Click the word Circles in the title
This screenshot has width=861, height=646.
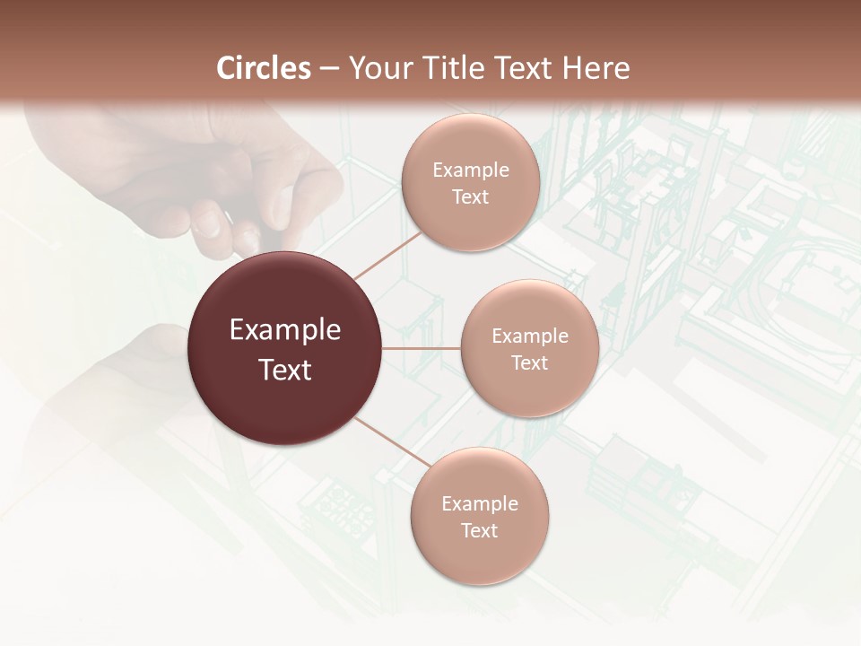[264, 68]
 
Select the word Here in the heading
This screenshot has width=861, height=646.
[596, 68]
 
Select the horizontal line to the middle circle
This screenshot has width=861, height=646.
[422, 348]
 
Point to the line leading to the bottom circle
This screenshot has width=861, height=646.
[387, 440]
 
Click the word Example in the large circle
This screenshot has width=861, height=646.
[285, 330]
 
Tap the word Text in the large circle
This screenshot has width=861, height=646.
[285, 369]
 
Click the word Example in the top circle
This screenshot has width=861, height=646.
[470, 170]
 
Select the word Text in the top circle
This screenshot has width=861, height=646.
[470, 196]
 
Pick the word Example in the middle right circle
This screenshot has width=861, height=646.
[529, 336]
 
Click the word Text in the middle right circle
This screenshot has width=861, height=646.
[529, 362]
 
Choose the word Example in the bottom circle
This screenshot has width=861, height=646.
[479, 503]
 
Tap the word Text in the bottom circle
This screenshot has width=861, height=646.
[479, 530]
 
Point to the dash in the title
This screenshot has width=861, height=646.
[329, 69]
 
